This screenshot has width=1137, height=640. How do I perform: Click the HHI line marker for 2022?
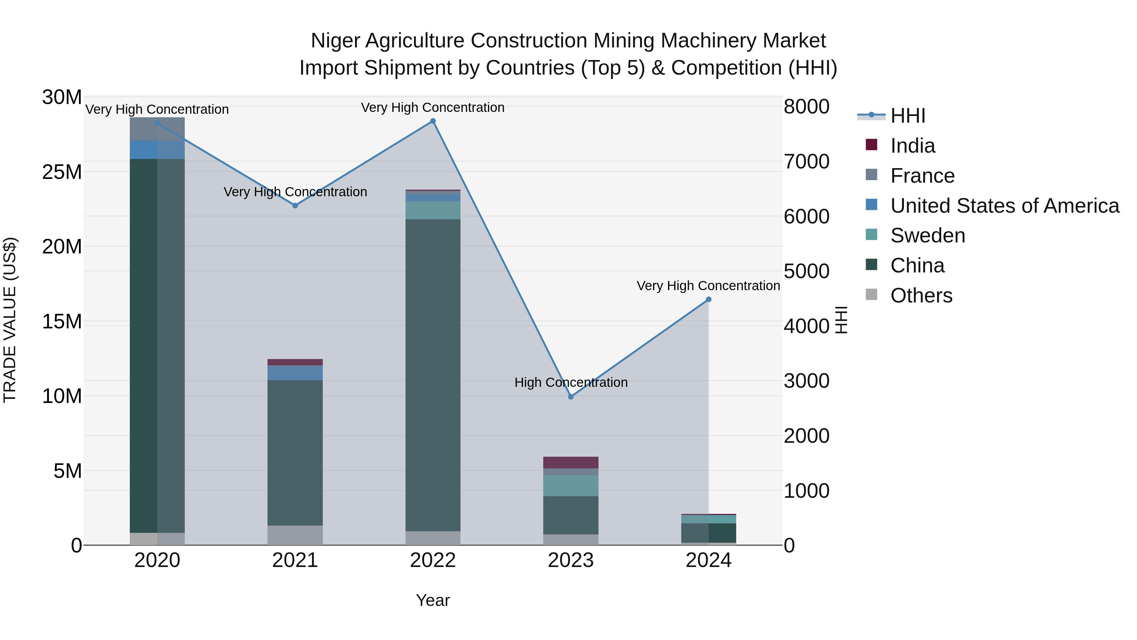433,121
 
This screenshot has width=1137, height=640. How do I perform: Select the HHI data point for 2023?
571,397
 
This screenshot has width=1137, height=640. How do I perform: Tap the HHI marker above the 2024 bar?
708,300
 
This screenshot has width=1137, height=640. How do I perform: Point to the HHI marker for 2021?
295,205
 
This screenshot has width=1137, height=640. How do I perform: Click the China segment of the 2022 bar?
433,375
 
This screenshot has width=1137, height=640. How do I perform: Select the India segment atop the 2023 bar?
571,462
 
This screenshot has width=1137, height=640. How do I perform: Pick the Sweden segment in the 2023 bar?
571,486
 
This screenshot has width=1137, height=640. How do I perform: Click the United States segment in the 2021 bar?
295,373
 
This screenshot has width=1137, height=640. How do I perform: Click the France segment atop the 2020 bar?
157,129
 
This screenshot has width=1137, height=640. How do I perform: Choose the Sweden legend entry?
927,235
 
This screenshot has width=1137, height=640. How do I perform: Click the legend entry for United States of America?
1004,206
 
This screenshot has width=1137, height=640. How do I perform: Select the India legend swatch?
871,144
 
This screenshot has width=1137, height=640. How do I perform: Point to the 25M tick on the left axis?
62,172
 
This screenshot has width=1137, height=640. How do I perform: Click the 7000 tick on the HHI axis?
806,162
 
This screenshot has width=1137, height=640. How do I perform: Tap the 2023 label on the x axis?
571,560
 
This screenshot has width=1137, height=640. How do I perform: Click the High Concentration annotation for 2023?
571,382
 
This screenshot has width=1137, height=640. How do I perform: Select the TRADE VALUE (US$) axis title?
10,320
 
